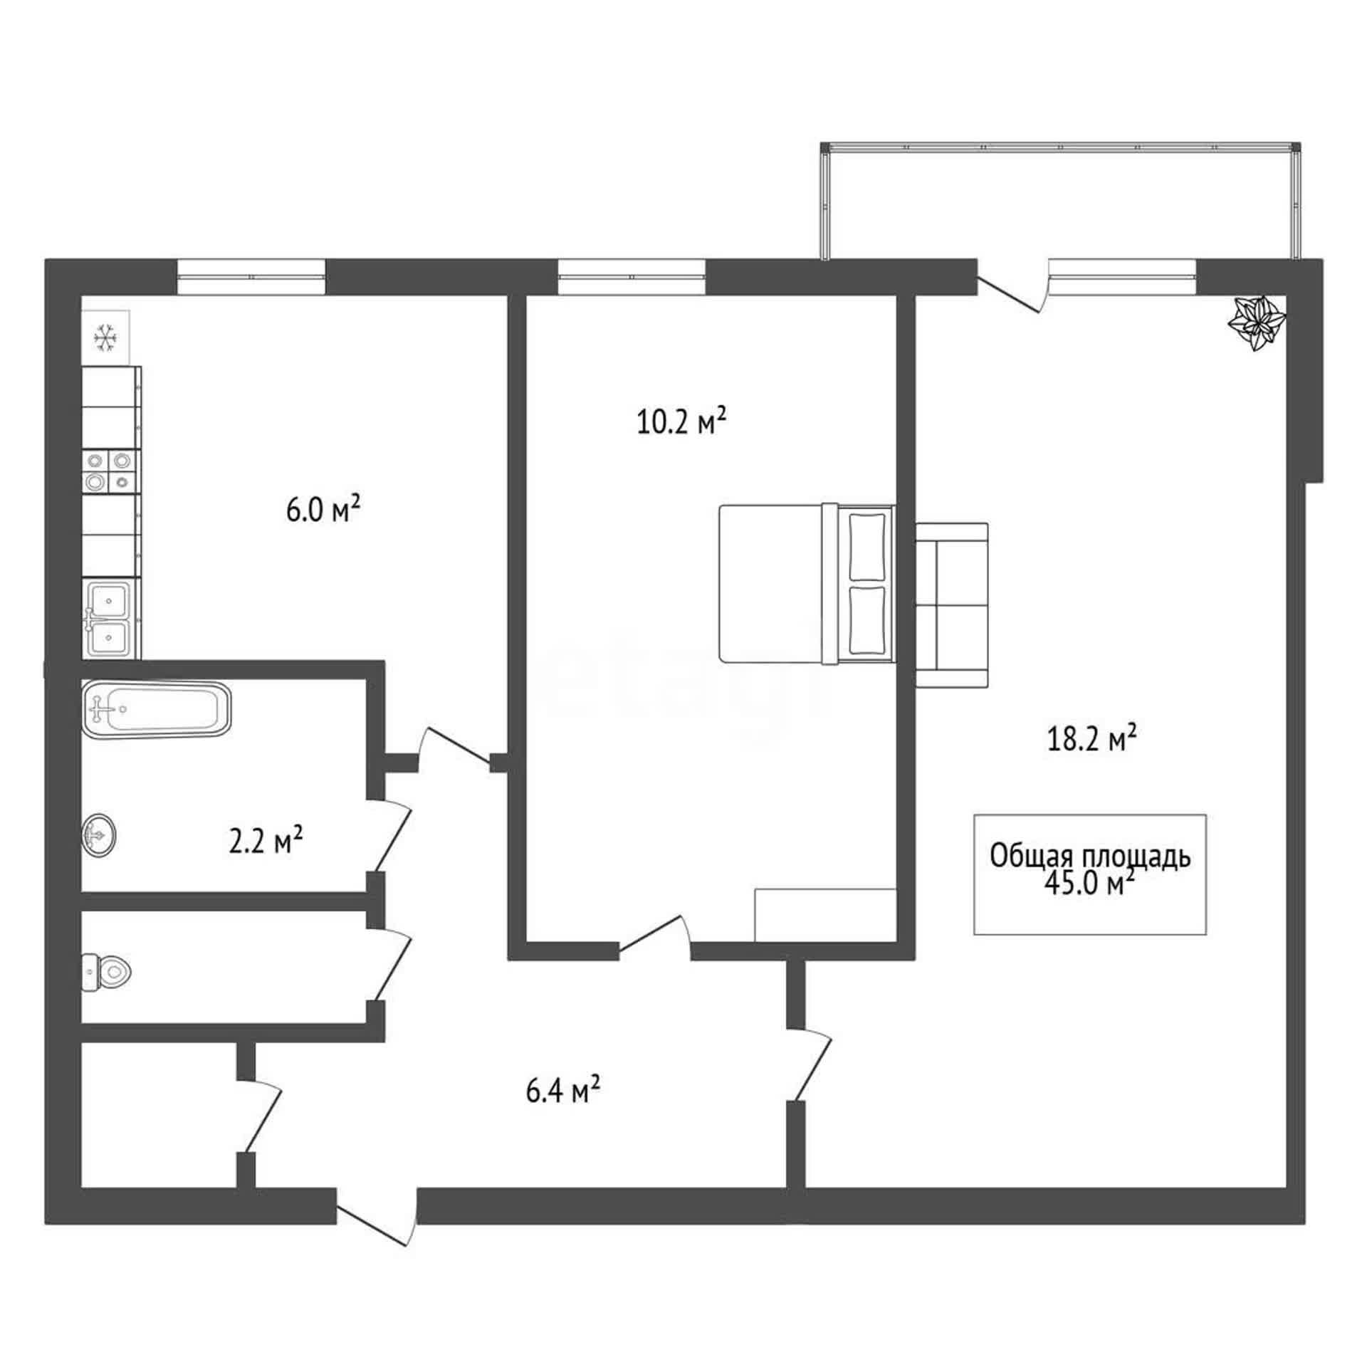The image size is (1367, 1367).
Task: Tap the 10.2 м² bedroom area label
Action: (x=681, y=421)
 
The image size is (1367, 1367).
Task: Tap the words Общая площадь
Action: (x=1090, y=857)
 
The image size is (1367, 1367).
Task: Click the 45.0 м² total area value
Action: (x=1089, y=883)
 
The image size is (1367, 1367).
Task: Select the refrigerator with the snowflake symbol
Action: (x=105, y=337)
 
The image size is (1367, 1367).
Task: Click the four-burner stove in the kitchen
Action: (x=110, y=471)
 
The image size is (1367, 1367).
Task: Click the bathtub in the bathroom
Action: (x=157, y=708)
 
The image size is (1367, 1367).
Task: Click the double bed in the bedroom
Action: (x=807, y=584)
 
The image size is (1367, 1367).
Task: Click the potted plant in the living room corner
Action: (x=1257, y=323)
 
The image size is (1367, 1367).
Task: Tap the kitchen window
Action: (x=251, y=277)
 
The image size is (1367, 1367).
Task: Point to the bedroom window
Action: (x=632, y=277)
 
